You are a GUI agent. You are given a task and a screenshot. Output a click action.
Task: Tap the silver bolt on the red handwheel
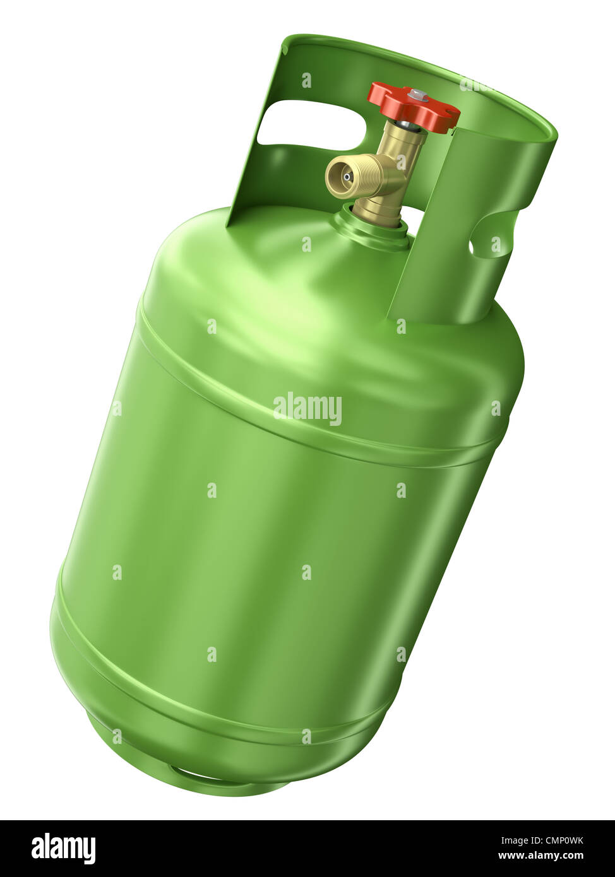(x=418, y=96)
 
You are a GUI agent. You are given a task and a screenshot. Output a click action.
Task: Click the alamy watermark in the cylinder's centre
(x=307, y=409)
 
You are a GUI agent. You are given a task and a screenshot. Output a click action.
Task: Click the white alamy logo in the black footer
(x=63, y=848)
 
